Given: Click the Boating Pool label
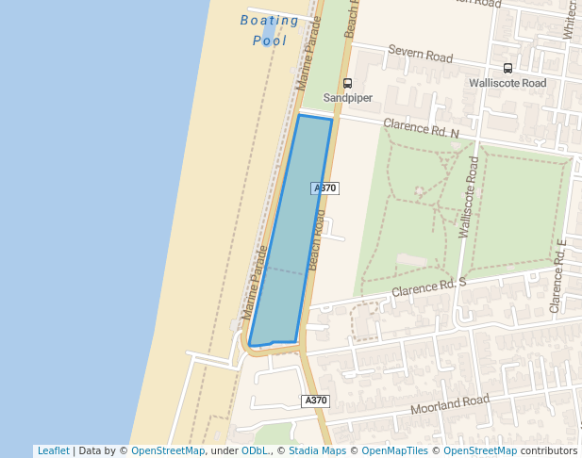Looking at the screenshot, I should coord(269,30).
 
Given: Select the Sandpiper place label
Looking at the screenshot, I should coord(347,97).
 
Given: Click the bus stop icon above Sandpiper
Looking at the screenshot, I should coord(347,83).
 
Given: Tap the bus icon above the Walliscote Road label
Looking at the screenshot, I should coord(507,68).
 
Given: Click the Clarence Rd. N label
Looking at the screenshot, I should coord(421,127).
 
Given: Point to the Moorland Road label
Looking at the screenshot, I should coord(451,405).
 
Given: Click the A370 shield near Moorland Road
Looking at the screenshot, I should coord(316,401).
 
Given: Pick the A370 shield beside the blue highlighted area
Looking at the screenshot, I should coord(324,188).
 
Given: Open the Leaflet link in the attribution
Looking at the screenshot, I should coord(53,450).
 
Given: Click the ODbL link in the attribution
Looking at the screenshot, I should coord(255,450).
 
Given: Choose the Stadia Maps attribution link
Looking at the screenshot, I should coord(317,450).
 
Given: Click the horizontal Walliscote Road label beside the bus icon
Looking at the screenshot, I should coord(507,83).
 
